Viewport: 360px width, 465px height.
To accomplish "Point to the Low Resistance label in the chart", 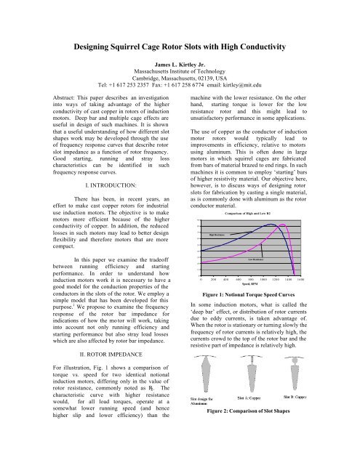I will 258,258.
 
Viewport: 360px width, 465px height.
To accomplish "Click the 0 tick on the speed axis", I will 201,280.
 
